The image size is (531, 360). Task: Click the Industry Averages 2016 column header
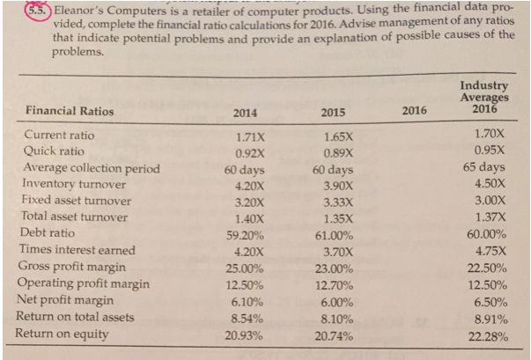[x=483, y=98]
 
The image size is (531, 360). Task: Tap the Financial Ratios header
[x=70, y=112]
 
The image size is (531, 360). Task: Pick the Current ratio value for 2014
[x=246, y=136]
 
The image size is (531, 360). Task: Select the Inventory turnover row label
[x=74, y=184]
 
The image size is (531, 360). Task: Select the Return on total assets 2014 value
[x=246, y=317]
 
